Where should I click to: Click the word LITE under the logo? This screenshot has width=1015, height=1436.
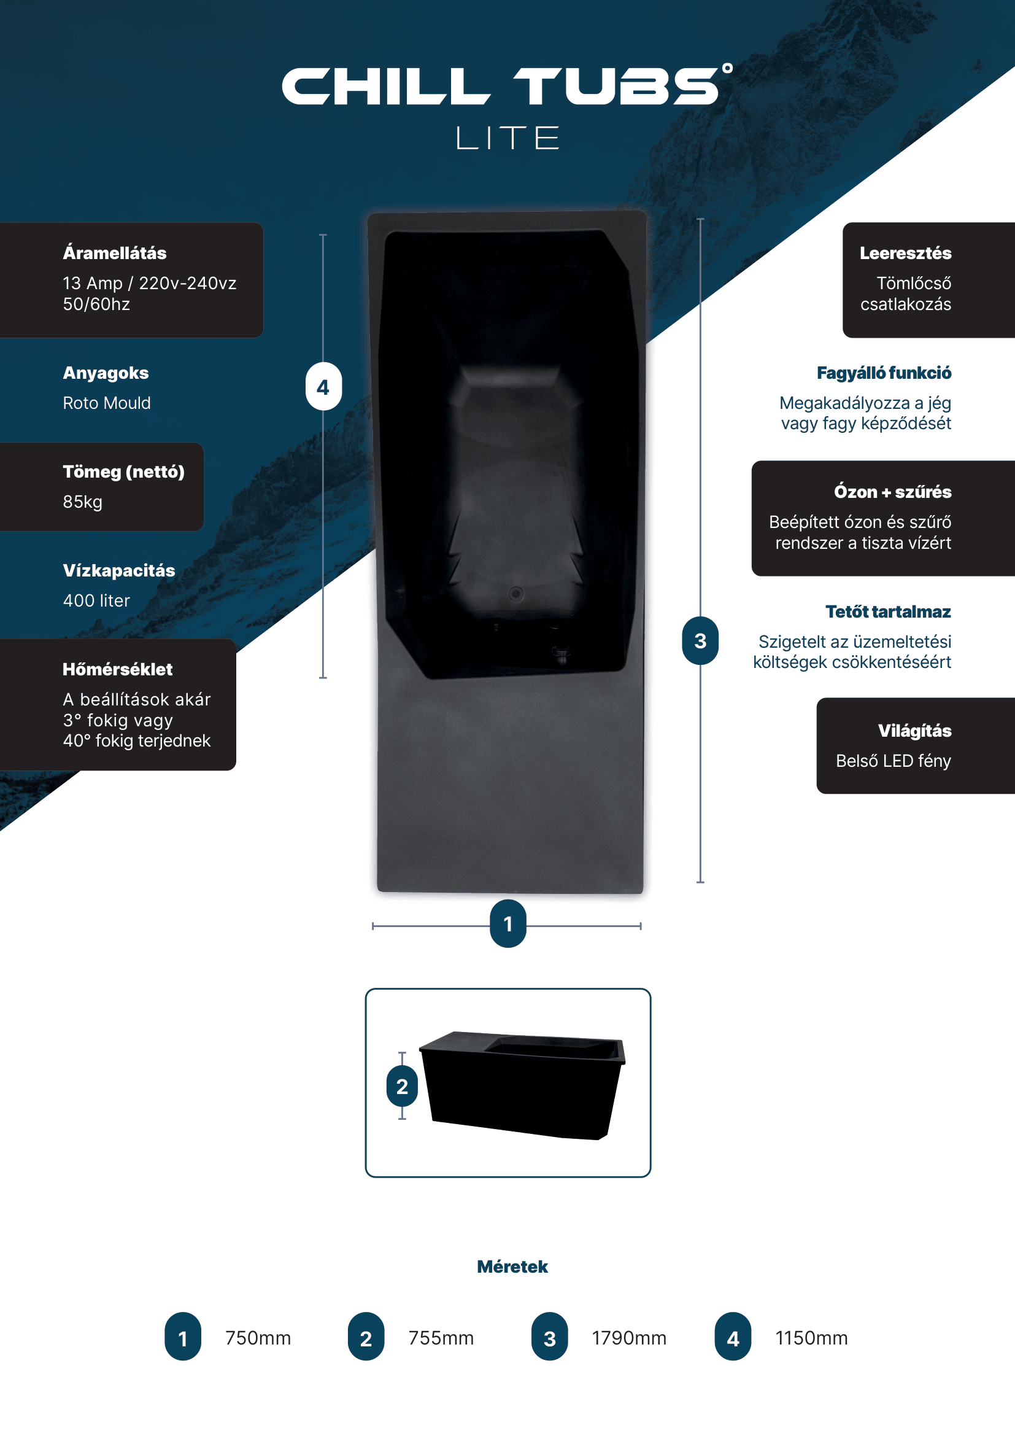coord(507,138)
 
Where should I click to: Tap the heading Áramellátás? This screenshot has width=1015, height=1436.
coord(114,253)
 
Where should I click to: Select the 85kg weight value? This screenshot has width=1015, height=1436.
coord(82,502)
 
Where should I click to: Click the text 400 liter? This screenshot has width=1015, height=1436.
coord(96,600)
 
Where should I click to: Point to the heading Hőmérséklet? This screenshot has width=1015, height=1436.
coord(117,669)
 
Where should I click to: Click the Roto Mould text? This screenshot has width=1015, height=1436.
coord(107,403)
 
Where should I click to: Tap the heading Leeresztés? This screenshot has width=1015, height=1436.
coord(906,253)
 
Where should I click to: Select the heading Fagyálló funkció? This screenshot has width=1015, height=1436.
coord(884,373)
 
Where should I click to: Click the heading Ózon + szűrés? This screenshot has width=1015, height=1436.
coord(892,492)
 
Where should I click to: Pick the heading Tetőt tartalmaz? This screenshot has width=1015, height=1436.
coord(888,611)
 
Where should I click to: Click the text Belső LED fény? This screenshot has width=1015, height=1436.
coord(893,761)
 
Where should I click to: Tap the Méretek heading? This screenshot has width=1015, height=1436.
coord(512,1267)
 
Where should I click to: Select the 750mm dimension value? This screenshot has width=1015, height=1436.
coord(258,1338)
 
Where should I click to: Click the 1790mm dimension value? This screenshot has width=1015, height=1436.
coord(630,1338)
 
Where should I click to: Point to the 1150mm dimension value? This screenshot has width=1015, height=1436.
coord(812,1338)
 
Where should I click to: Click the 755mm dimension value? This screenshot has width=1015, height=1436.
coord(441,1338)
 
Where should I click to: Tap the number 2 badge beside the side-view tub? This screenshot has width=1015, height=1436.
coord(402,1087)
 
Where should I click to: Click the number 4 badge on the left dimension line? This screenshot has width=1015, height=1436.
coord(323,387)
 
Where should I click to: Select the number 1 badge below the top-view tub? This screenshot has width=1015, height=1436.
coord(508,924)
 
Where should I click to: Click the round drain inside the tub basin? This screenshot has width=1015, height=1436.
coord(515,594)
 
